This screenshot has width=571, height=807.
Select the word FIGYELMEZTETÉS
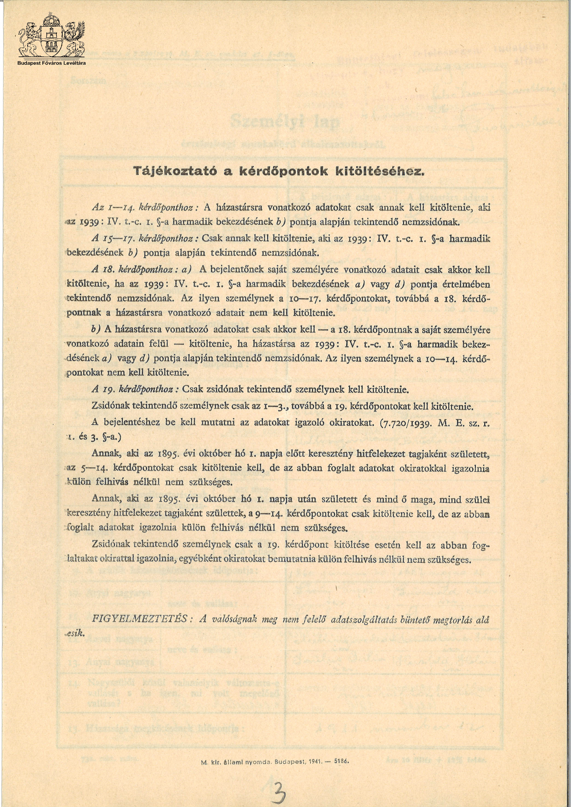tap(139, 619)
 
